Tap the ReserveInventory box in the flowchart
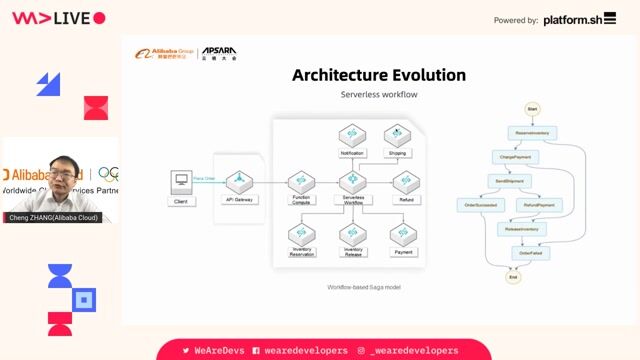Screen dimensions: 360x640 [x=532, y=132]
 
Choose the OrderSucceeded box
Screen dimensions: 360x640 [x=481, y=204]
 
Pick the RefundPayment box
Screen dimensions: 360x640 [x=538, y=204]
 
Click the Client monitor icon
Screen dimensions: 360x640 [x=181, y=182]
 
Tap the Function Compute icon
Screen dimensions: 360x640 [x=302, y=182]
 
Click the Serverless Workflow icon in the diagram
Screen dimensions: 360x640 [x=352, y=182]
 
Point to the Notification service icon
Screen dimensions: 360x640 [x=352, y=135]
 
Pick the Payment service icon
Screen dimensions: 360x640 [x=403, y=234]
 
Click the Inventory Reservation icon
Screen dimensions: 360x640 [x=302, y=234]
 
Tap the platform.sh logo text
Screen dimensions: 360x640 [x=580, y=19]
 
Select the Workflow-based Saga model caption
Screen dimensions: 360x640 [x=364, y=287]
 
